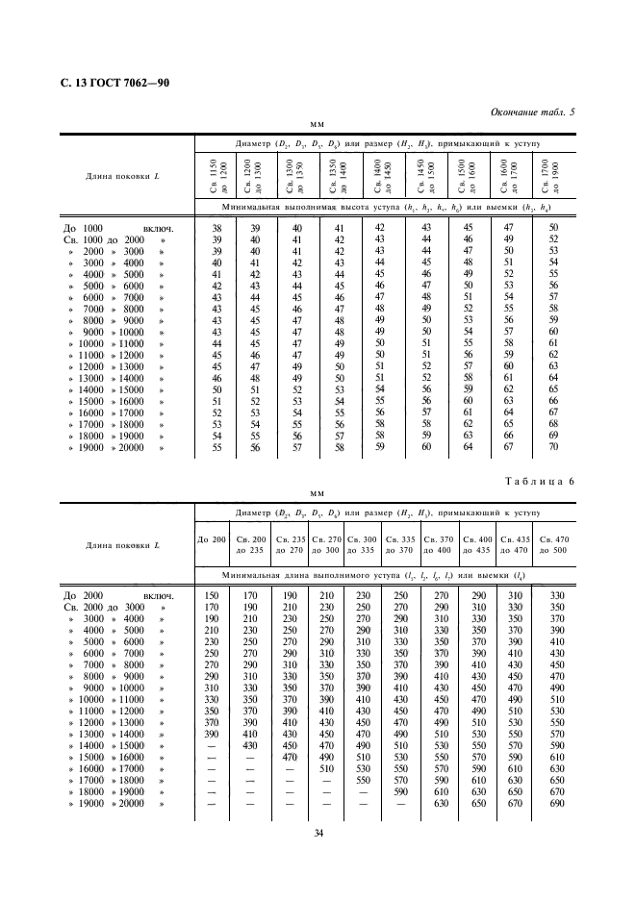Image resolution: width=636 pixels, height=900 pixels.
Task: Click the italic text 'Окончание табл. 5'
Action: click(x=532, y=112)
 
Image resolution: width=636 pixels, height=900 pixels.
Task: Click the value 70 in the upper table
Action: click(x=553, y=447)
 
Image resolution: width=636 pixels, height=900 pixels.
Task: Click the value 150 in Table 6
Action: click(x=213, y=597)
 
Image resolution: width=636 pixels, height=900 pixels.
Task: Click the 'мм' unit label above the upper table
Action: click(x=317, y=126)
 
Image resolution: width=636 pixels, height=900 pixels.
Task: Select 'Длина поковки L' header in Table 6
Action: click(x=122, y=545)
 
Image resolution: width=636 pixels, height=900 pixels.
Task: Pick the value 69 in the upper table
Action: click(x=553, y=436)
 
